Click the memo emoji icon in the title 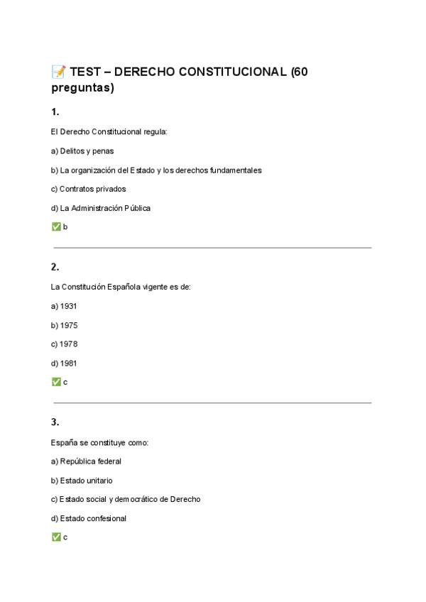coord(58,72)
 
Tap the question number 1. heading coord(55,111)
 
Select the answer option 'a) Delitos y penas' coord(82,151)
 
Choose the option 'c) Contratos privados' coord(88,189)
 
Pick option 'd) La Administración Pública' coord(101,208)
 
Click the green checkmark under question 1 coord(56,227)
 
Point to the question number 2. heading coord(55,267)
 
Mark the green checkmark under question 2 coord(56,382)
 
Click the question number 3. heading coord(55,422)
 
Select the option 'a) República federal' coord(86,461)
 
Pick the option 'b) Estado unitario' coord(82,481)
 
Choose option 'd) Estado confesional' coord(89,518)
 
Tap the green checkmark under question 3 coord(56,537)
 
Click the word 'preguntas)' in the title coord(82,88)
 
